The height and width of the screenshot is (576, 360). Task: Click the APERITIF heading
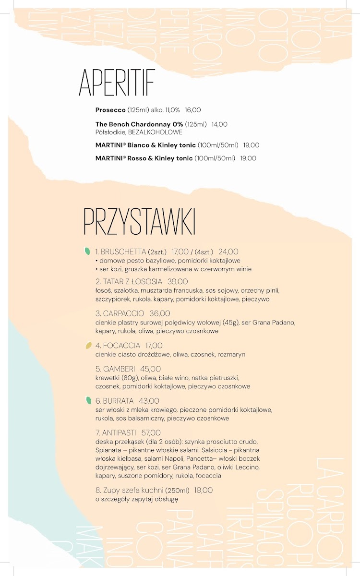pyautogui.click(x=117, y=83)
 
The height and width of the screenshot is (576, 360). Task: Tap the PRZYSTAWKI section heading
pyautogui.click(x=139, y=222)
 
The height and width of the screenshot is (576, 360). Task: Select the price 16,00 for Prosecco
pyautogui.click(x=193, y=110)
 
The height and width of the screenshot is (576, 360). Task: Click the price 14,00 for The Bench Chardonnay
pyautogui.click(x=219, y=124)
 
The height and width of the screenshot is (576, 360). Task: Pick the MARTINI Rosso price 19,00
pyautogui.click(x=248, y=158)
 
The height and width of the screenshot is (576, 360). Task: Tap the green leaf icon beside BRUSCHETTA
pyautogui.click(x=88, y=251)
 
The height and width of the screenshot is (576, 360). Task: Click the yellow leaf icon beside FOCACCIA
pyautogui.click(x=88, y=345)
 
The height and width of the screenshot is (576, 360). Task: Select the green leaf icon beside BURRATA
pyautogui.click(x=88, y=400)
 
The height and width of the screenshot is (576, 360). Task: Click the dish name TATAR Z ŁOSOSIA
pyautogui.click(x=129, y=281)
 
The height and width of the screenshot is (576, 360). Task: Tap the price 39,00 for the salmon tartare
pyautogui.click(x=178, y=281)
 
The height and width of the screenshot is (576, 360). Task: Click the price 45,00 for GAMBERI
pyautogui.click(x=151, y=369)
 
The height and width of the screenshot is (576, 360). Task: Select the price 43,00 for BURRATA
pyautogui.click(x=149, y=401)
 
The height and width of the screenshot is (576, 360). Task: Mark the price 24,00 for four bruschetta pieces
pyautogui.click(x=228, y=252)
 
